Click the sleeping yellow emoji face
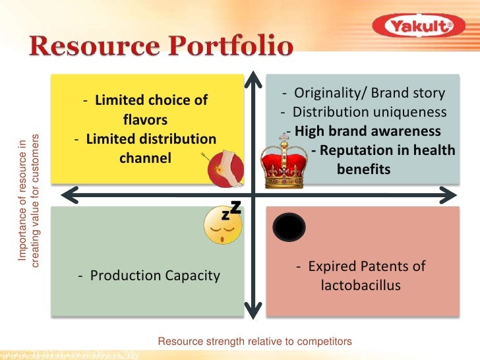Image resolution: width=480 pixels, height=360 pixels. pos(223,225)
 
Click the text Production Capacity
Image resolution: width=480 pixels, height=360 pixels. pos(148,276)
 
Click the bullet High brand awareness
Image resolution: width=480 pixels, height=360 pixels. pos(364,131)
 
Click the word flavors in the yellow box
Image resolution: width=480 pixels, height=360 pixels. pos(145,120)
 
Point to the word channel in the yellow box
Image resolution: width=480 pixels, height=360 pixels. pos(145,158)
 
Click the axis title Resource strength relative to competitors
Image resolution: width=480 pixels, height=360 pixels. pos(255,342)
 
